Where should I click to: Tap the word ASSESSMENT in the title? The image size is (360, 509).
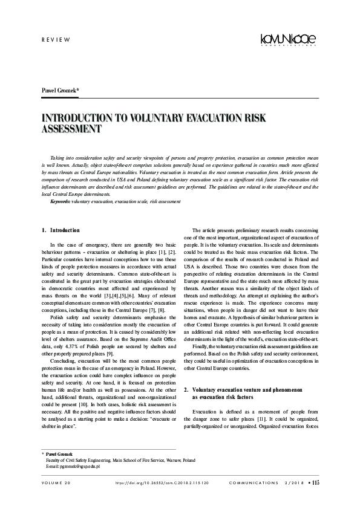click(70, 129)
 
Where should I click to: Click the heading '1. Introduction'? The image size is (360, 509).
click(61, 230)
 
